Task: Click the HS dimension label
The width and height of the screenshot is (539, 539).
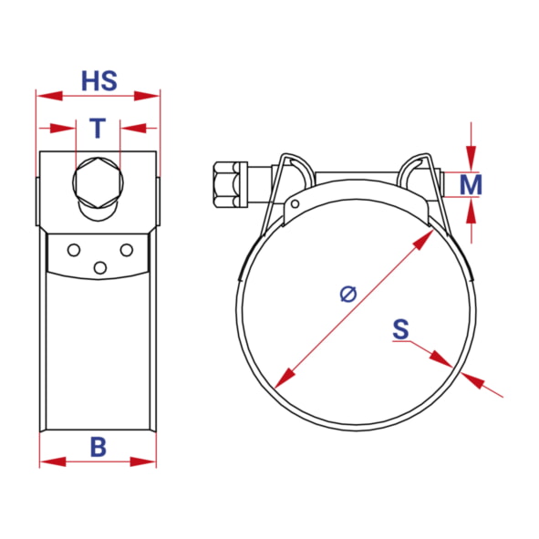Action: [99, 81]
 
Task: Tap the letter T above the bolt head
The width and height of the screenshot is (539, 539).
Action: [98, 128]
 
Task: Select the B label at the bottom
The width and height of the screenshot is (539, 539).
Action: [98, 447]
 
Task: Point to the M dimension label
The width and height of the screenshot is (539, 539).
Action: [471, 184]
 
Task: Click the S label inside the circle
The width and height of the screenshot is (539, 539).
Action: [400, 329]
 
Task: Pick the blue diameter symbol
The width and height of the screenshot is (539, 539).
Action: [348, 294]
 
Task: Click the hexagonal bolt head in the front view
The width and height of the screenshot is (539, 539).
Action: [98, 182]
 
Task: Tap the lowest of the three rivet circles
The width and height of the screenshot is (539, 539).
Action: [100, 268]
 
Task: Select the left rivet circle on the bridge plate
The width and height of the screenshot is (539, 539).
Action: [74, 250]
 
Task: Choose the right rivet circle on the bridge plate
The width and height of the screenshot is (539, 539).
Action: [127, 250]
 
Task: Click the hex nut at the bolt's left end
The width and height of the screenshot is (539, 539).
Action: [225, 184]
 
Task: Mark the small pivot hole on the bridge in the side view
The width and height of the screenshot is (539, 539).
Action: [295, 204]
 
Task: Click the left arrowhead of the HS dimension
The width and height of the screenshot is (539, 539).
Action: [49, 96]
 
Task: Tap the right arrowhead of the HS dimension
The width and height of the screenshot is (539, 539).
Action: [147, 96]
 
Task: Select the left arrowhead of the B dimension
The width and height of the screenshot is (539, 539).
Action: [53, 461]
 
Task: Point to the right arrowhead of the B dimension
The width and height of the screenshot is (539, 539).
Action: [143, 461]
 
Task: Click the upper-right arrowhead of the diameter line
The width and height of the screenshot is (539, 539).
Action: [423, 240]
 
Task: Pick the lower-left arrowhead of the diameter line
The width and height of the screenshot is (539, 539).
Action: [285, 378]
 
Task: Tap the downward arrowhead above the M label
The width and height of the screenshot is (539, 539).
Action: [472, 159]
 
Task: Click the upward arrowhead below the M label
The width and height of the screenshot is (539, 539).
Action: [472, 210]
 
